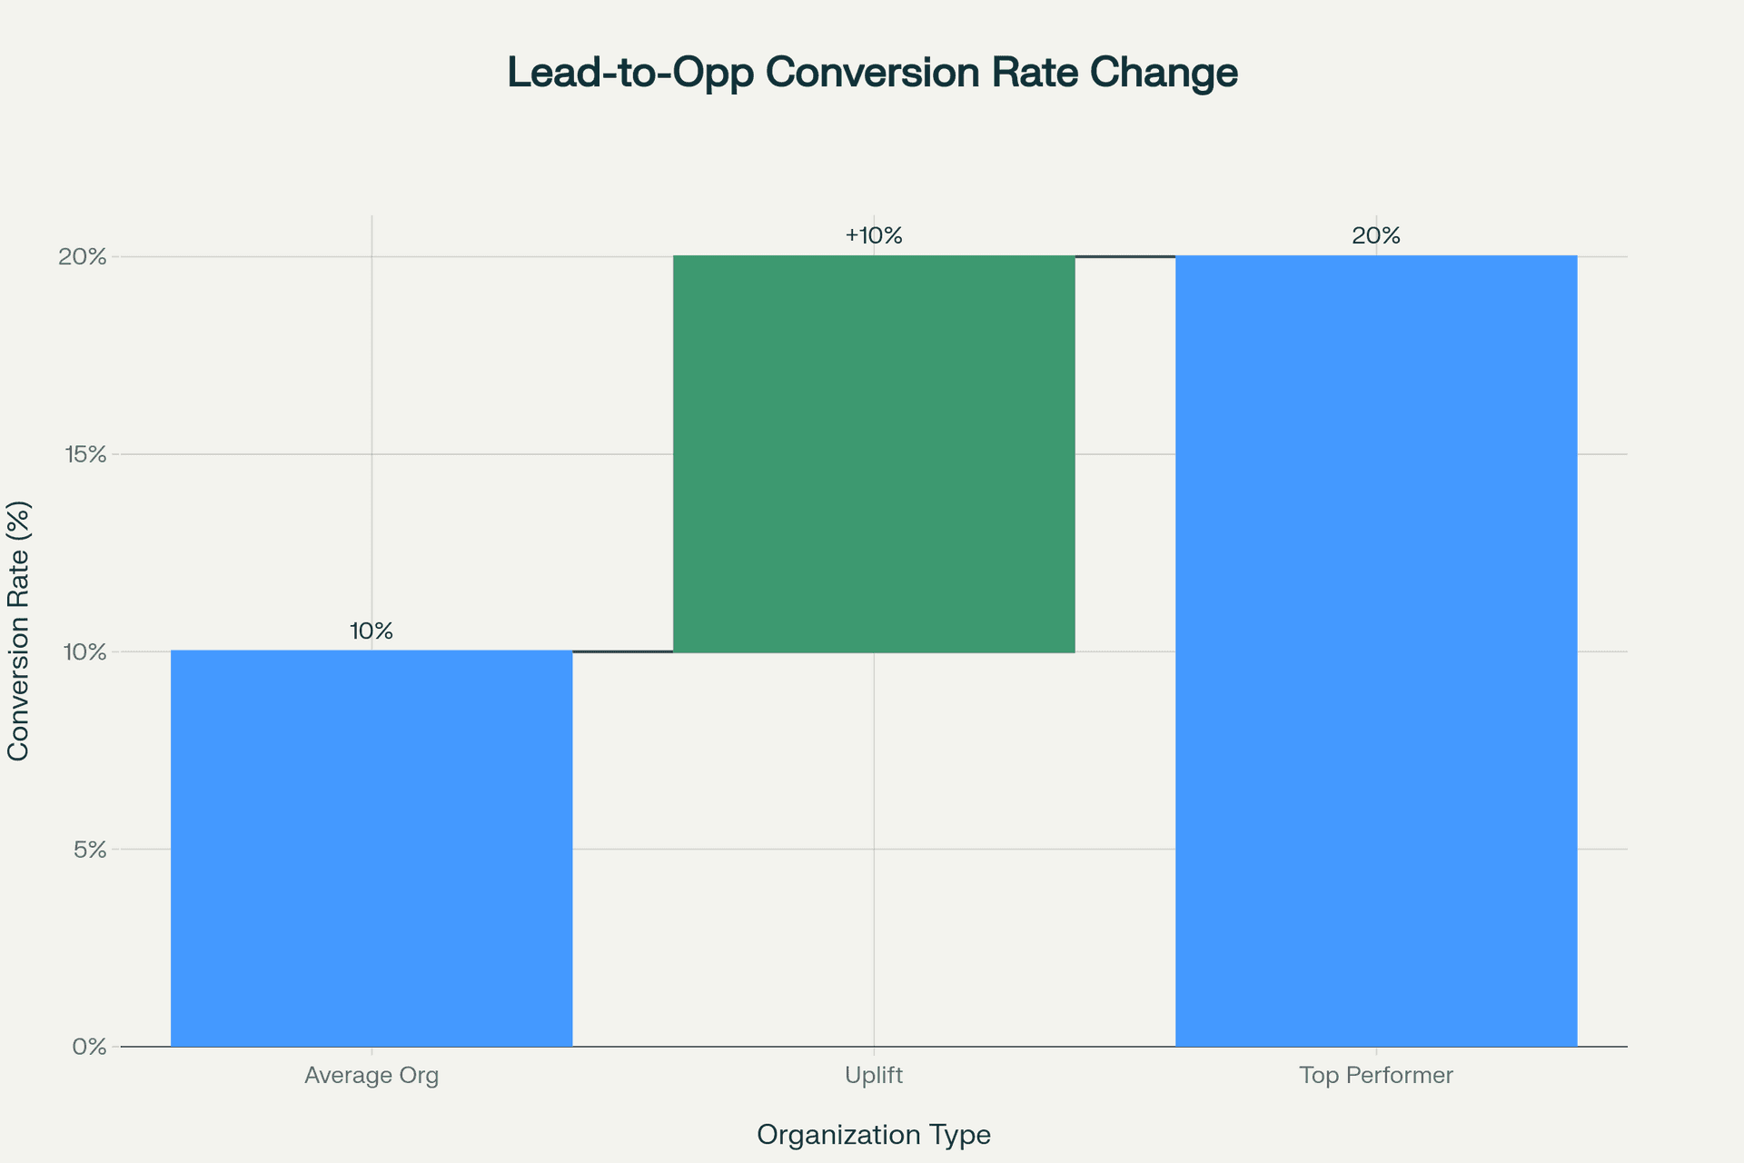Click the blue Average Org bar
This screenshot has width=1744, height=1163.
click(x=372, y=849)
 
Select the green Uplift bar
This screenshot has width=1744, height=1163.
click(x=874, y=453)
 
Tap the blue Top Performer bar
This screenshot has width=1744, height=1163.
click(x=1376, y=651)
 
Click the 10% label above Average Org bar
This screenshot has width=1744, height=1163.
click(x=372, y=631)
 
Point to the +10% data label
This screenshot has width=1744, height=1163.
click(x=874, y=236)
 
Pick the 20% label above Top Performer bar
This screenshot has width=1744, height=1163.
click(x=1376, y=236)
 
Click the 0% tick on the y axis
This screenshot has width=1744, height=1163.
click(x=90, y=1048)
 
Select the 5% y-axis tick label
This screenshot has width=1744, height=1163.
click(x=90, y=850)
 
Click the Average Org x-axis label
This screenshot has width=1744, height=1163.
click(x=372, y=1076)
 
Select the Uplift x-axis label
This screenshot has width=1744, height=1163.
click(x=874, y=1076)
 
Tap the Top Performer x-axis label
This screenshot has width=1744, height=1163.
click(x=1376, y=1076)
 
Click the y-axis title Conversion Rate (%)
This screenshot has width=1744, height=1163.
click(x=18, y=631)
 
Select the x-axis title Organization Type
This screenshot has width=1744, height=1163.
click(x=874, y=1135)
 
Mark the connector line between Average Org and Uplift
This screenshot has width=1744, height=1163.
click(x=623, y=651)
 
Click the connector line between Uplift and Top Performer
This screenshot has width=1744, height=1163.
click(x=1125, y=257)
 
